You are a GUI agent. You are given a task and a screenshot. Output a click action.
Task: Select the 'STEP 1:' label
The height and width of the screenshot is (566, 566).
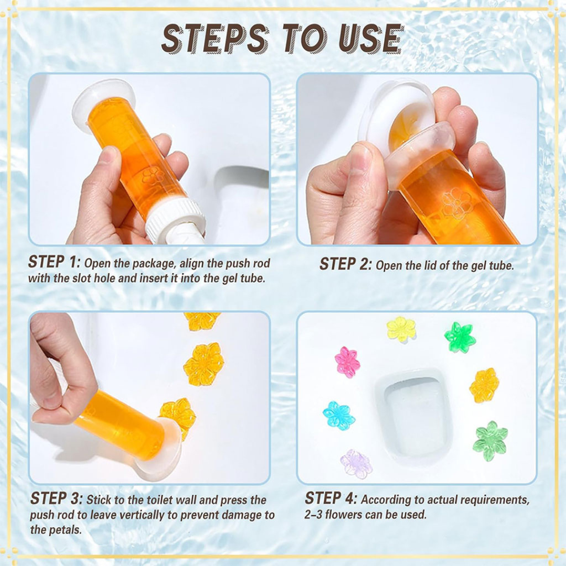54,262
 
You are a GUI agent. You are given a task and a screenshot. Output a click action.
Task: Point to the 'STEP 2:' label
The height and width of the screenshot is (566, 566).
345,265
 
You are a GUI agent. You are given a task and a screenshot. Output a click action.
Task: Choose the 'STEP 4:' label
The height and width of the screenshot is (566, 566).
331,499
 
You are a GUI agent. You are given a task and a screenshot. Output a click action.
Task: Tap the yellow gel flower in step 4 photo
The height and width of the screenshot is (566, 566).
401,329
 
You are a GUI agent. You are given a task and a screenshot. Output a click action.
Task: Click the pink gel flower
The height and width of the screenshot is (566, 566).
347,362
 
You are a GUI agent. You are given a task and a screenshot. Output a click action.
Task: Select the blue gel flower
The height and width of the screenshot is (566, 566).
338,416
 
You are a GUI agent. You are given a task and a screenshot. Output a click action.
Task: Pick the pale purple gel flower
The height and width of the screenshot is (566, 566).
356,463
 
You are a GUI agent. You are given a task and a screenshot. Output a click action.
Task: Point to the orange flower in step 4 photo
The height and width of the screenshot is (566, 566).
484,385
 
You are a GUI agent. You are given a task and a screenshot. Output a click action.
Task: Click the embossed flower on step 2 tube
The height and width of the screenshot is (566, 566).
457,203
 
